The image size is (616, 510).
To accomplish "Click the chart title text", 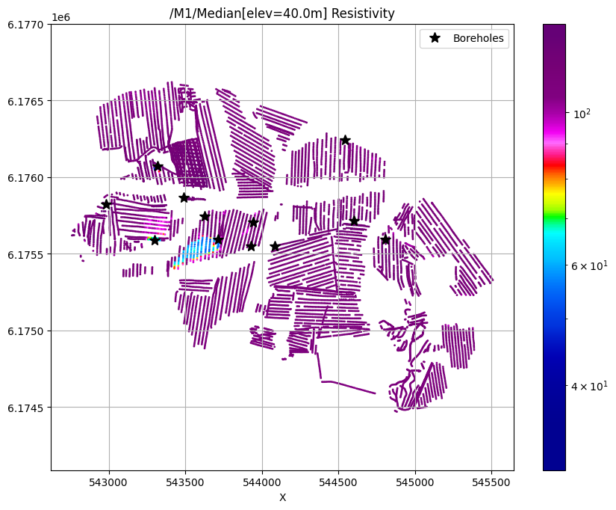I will [282, 13].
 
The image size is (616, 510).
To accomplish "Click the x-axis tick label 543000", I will [109, 482].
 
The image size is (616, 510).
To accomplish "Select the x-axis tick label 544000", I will [262, 482].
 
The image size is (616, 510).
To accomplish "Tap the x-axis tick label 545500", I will [491, 482].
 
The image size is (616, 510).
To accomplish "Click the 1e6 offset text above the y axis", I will [61, 16].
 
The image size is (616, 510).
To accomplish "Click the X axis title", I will [282, 497].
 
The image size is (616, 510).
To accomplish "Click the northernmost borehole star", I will [345, 140].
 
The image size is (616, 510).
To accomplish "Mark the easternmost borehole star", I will [385, 239].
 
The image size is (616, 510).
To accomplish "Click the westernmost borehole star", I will [106, 204].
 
